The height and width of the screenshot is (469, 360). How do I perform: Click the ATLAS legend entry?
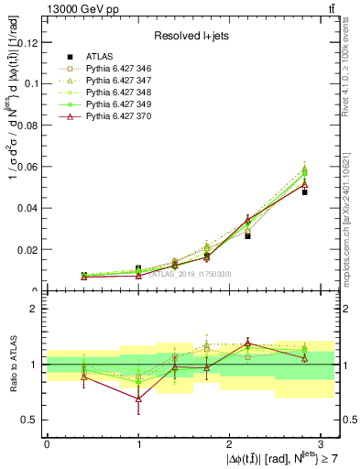pyautogui.click(x=99, y=57)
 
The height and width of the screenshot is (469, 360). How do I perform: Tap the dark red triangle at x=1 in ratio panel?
pyautogui.click(x=138, y=398)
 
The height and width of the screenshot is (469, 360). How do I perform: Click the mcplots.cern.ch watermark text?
pyautogui.click(x=353, y=211)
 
